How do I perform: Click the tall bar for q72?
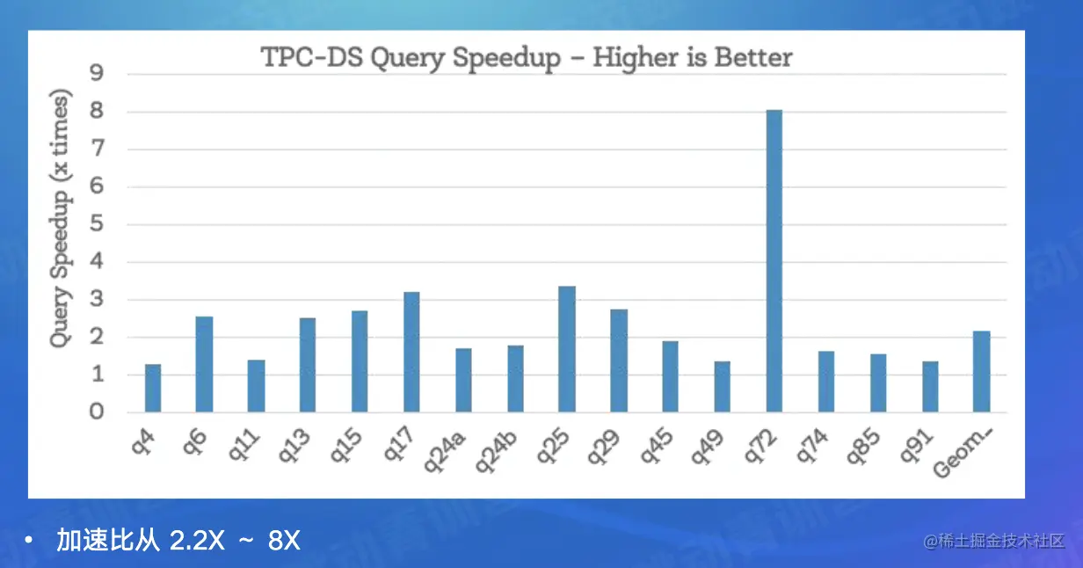(x=774, y=261)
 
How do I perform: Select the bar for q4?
(x=153, y=388)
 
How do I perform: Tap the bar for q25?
(x=567, y=349)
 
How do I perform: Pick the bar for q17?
(x=411, y=352)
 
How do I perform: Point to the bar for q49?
(x=722, y=386)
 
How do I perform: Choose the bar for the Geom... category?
(x=982, y=371)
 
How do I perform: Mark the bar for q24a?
(x=463, y=380)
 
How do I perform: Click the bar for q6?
(x=204, y=364)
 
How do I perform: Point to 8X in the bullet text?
(x=284, y=541)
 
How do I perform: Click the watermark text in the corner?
(x=994, y=541)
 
